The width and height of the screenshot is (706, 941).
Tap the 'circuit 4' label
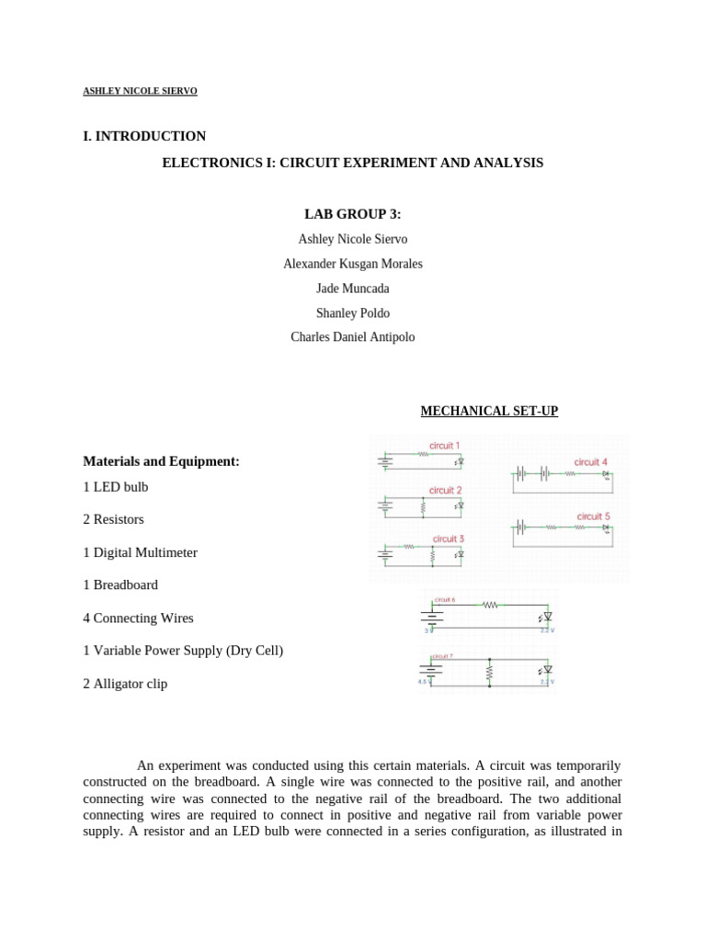point(590,461)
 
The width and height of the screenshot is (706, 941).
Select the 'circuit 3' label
point(448,539)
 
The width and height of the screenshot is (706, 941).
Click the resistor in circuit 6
point(489,605)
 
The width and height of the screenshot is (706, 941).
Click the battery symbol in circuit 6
point(433,617)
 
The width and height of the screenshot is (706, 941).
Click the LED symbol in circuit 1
point(460,462)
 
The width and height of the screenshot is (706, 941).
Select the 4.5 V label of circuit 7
point(424,683)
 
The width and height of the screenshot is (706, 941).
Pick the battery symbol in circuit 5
point(522,527)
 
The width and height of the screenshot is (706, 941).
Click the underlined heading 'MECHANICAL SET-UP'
point(488,411)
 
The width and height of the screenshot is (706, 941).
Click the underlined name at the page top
point(140,91)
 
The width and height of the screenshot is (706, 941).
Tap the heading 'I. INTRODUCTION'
point(144,136)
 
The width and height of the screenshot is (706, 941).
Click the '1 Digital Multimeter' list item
point(140,552)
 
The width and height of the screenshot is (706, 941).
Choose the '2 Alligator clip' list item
point(125,684)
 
